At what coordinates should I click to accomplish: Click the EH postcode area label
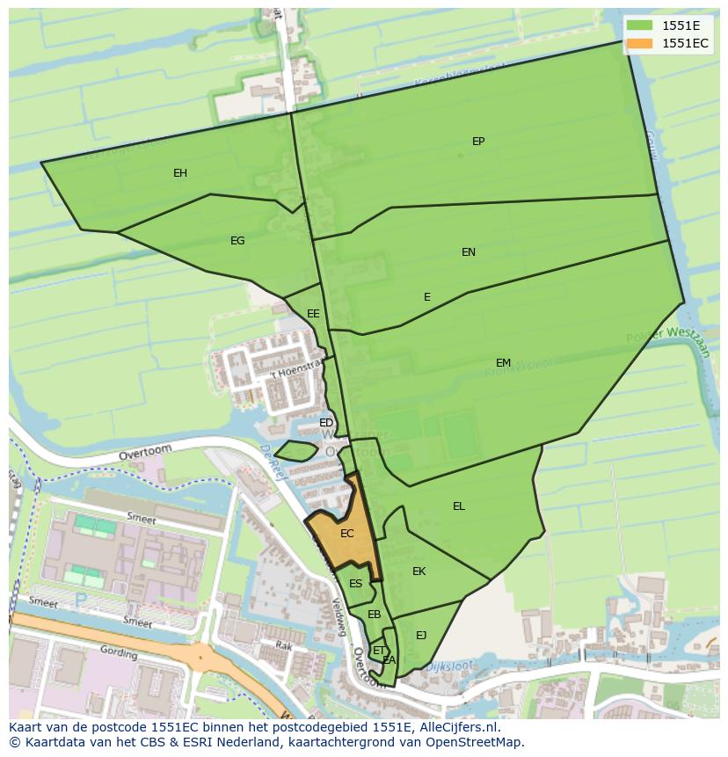click(x=180, y=173)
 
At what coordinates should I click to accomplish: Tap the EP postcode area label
click(x=478, y=142)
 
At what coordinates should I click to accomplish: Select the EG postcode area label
click(x=237, y=241)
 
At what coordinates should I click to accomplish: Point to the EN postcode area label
click(x=469, y=252)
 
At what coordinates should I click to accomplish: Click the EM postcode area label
click(x=503, y=363)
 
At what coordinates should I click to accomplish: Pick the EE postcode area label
click(x=313, y=314)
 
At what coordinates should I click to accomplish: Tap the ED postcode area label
click(x=326, y=423)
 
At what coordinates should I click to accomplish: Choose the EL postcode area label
click(x=459, y=506)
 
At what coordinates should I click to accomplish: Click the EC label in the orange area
click(x=346, y=534)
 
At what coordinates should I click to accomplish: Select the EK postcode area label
click(x=419, y=571)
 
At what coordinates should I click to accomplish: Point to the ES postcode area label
click(x=355, y=584)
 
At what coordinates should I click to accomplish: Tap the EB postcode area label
click(x=374, y=615)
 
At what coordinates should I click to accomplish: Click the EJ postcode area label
click(x=421, y=636)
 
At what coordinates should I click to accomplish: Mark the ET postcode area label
click(x=378, y=651)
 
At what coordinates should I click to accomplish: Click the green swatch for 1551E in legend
click(x=639, y=25)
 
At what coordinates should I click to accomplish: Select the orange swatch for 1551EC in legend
click(x=639, y=43)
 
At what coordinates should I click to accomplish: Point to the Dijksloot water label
click(x=449, y=667)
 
